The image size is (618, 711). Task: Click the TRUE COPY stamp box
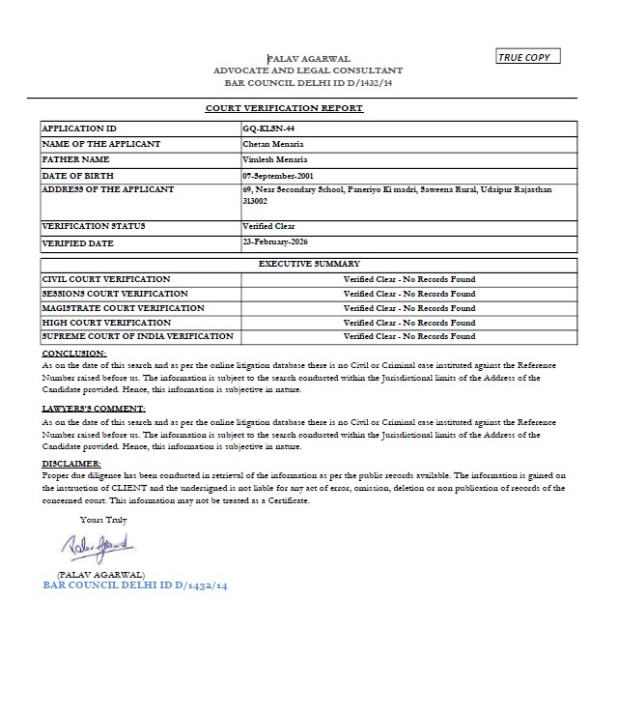pos(527,58)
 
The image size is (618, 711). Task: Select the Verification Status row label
pos(94,226)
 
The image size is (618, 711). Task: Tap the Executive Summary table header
pos(309,264)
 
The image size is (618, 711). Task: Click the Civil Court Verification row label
pos(106,279)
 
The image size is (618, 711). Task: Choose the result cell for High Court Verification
pos(409,323)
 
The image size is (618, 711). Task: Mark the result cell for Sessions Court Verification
pos(409,294)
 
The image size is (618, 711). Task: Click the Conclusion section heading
pos(74,355)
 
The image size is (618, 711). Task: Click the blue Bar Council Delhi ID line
pos(135,585)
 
